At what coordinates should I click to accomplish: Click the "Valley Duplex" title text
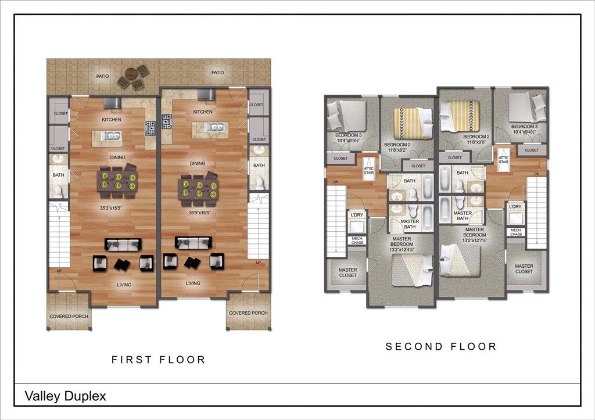[65, 396]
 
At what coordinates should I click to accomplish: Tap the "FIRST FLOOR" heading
[159, 360]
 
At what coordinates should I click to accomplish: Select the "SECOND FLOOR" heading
[442, 347]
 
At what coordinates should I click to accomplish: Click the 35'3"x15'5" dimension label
[112, 207]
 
